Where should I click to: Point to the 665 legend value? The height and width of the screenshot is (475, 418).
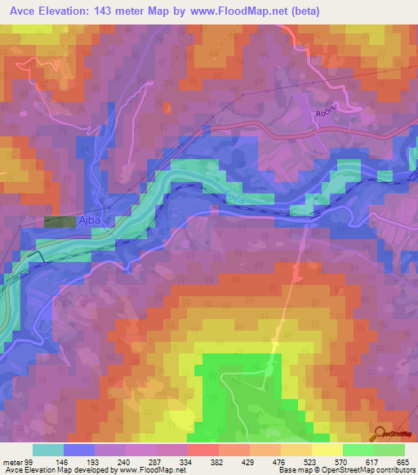coord(402,461)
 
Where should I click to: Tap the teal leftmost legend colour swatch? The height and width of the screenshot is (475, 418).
coord(48,450)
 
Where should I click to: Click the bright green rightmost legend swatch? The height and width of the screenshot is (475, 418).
coord(389,450)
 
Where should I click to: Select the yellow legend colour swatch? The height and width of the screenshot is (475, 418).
coord(327,450)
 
